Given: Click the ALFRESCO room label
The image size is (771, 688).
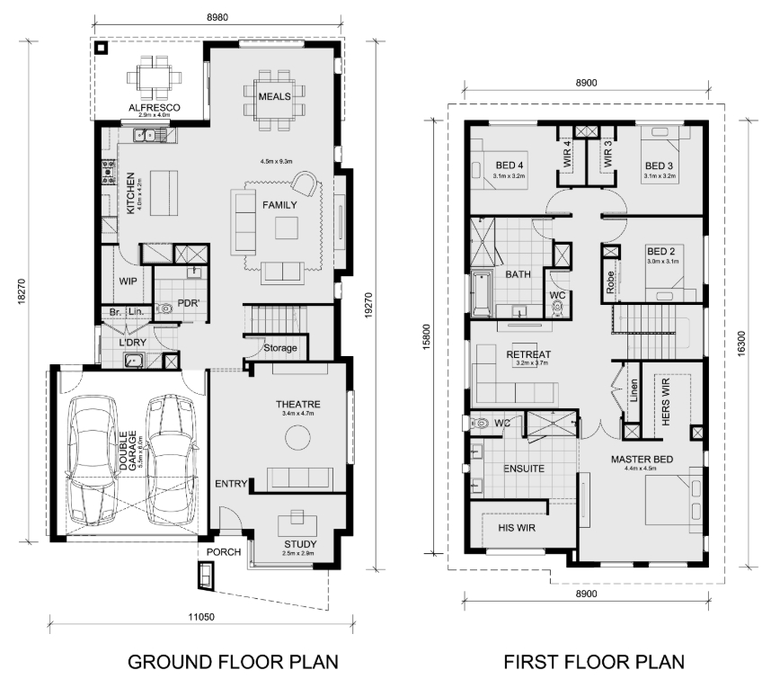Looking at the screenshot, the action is coord(155,107).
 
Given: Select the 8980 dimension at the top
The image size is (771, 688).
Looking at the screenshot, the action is coord(217,17).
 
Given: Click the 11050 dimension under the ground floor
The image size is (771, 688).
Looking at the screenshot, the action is coord(201,617).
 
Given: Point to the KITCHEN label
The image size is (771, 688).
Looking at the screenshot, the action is coord(130,193).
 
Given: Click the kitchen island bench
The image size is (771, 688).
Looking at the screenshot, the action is coord(164,193).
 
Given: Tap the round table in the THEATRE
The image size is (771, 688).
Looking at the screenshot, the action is coord(298,437).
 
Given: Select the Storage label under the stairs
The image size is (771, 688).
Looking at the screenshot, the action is coord(280,348).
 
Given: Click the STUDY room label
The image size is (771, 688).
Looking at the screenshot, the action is coord(300,544).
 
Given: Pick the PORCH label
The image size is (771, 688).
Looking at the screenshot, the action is coord(224,552).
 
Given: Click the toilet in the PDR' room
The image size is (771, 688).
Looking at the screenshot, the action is coord(164,309).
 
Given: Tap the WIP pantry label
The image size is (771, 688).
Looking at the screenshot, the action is coord(128,281).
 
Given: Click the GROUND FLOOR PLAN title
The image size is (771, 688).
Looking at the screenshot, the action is coord(233,662).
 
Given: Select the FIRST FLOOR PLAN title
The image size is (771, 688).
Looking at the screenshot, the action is coord(594,662).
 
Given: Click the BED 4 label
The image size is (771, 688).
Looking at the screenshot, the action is coord(510,165).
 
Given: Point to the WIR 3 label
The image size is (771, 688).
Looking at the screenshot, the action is coord(607,154).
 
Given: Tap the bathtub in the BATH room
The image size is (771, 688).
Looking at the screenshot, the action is coord(482,294).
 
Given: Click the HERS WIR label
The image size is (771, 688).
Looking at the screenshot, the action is coord(666,402).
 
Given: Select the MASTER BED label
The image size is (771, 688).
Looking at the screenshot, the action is coord(642,460).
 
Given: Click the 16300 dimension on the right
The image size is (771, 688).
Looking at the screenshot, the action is coord(742,344).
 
